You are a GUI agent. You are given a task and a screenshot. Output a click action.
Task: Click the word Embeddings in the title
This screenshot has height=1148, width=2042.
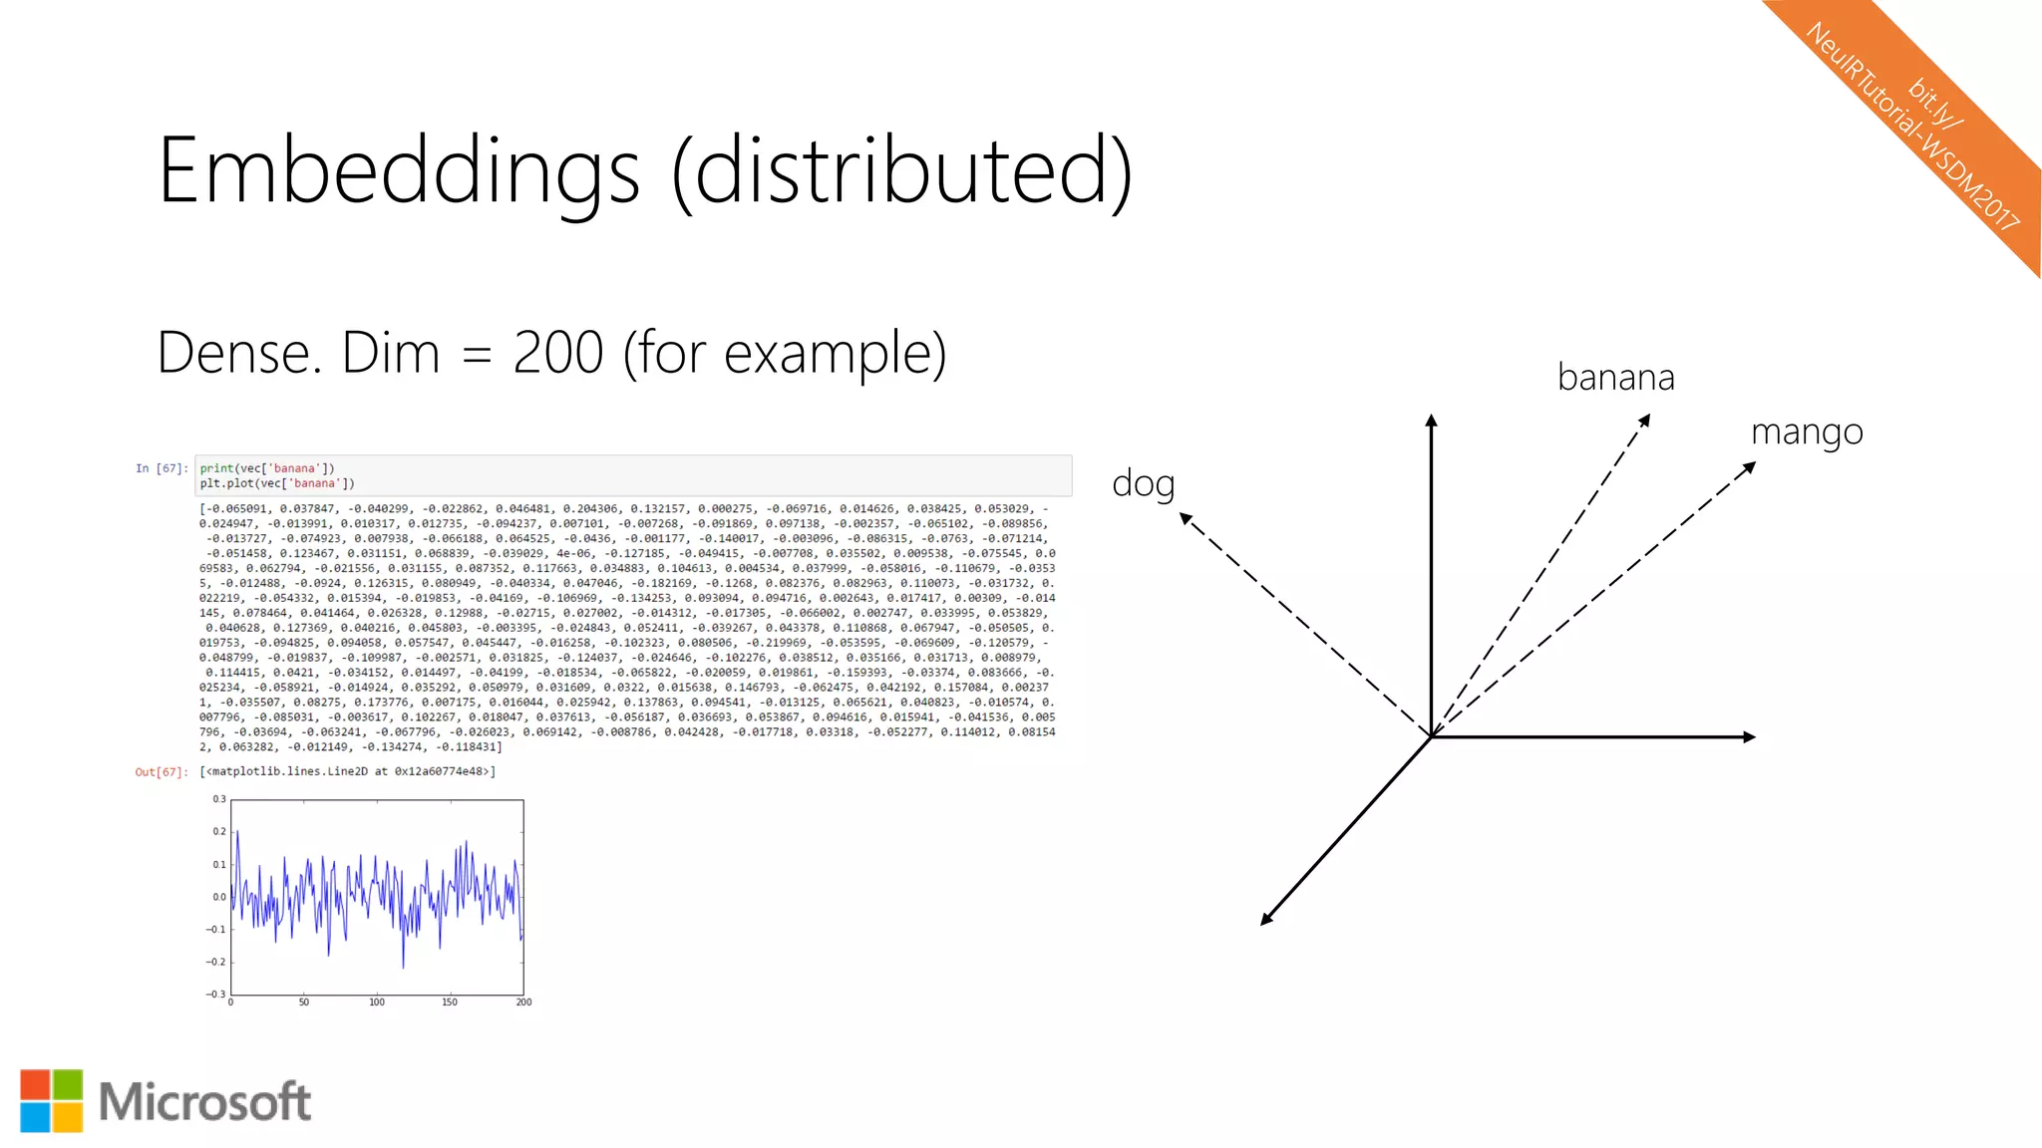tap(399, 171)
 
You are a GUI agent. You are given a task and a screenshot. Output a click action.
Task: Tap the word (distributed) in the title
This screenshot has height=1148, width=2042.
tap(902, 171)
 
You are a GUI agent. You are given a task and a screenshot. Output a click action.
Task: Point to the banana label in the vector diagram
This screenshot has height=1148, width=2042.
tap(1615, 378)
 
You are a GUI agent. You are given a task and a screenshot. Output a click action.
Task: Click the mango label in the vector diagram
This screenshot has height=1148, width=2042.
tap(1807, 432)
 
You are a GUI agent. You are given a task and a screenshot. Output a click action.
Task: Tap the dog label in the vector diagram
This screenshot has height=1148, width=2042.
tap(1143, 483)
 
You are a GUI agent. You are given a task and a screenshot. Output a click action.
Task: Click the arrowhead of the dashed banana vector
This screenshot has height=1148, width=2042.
tap(1645, 421)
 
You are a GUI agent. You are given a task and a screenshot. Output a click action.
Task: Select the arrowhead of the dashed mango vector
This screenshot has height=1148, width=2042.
tap(1749, 467)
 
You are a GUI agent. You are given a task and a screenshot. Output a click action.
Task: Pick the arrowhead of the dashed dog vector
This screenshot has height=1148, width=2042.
tap(1186, 518)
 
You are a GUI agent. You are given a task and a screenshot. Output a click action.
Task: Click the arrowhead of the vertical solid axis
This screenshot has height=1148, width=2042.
tap(1431, 421)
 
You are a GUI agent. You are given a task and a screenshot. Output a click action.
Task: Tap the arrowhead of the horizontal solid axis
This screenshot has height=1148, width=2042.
tap(1749, 737)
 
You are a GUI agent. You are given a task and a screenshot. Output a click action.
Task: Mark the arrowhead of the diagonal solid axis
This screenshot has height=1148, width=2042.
tap(1266, 920)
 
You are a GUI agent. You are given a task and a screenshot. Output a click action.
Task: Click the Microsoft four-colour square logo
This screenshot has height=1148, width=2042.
tap(51, 1101)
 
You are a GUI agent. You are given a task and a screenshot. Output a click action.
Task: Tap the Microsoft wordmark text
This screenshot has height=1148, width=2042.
tap(204, 1102)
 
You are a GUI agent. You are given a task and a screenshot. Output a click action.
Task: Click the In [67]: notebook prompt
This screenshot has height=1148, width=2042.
tap(162, 468)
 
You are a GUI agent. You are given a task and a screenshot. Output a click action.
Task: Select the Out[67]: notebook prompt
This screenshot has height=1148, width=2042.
tap(161, 771)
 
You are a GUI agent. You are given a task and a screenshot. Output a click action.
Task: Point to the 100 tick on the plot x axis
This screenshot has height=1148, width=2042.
tap(377, 1003)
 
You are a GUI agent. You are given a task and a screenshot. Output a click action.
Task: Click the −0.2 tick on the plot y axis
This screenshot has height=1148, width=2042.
tap(215, 962)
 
